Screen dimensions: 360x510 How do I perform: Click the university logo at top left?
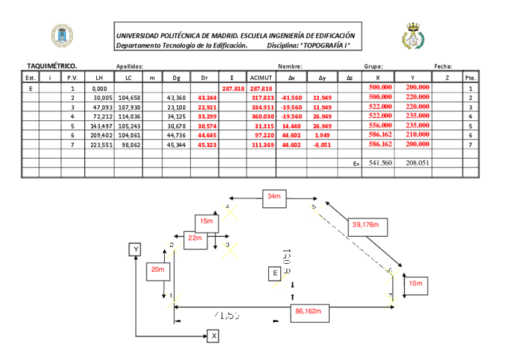coord(61,36)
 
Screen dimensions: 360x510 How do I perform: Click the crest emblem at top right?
coord(413,36)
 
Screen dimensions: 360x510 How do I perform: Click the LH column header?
coord(99,78)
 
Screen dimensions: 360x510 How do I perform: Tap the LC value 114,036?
coord(128,117)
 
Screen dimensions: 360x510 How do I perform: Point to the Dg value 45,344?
coord(176,145)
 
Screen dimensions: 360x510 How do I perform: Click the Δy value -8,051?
coord(322,145)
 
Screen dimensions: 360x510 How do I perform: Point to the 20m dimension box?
coord(158,270)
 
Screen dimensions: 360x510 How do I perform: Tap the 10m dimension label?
coord(416,283)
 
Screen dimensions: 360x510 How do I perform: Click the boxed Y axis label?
coord(137,249)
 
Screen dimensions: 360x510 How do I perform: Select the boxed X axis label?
coord(213,336)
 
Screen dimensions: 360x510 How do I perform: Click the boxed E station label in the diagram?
coord(275,273)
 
